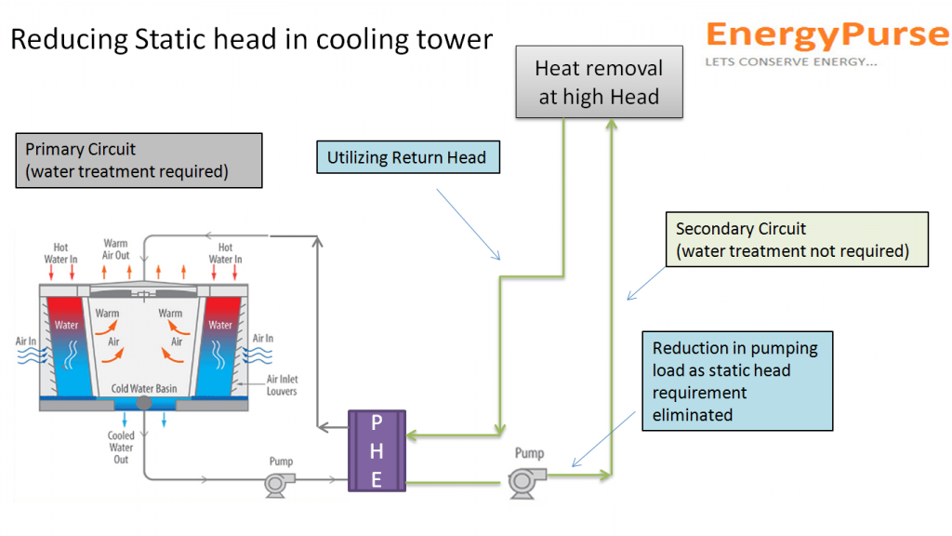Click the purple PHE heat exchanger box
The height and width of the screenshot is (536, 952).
tap(377, 451)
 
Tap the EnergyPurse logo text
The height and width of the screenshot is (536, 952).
tap(826, 34)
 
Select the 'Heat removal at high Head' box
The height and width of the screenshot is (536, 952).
tap(600, 82)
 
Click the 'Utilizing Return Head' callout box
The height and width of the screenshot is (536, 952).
tap(406, 157)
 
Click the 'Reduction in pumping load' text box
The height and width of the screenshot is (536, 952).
tap(736, 381)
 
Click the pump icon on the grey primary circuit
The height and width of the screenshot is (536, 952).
tap(279, 482)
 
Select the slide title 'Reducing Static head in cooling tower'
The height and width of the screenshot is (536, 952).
tap(251, 40)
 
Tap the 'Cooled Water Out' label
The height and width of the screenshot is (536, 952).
tap(121, 448)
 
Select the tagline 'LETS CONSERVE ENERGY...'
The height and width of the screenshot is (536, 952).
tap(790, 62)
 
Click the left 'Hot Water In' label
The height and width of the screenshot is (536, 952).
tap(60, 253)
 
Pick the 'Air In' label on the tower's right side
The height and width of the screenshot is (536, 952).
tap(263, 339)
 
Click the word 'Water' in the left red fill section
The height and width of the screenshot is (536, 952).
tap(66, 326)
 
